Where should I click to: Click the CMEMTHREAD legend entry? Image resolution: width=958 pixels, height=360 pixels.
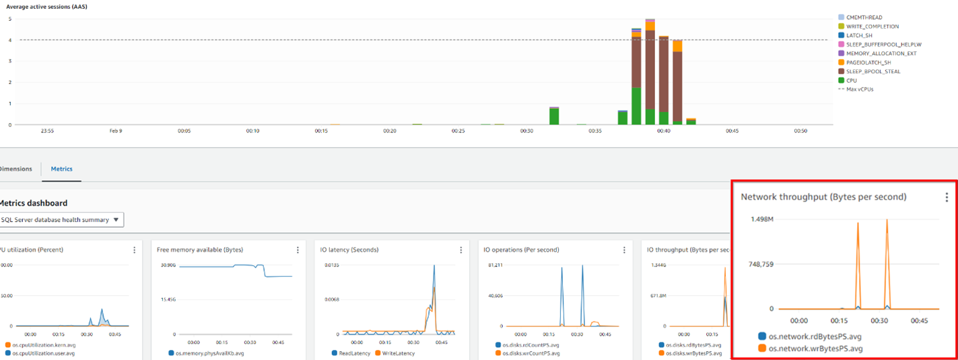pos(864,17)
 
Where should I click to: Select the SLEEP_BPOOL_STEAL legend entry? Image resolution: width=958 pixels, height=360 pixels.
pos(873,71)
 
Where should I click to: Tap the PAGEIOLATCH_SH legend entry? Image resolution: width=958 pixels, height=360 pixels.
pos(868,63)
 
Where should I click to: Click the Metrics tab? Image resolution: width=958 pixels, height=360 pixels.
pos(61,169)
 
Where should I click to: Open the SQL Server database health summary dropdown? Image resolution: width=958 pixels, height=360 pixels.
pos(61,220)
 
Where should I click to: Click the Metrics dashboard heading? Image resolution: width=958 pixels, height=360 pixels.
pos(34,203)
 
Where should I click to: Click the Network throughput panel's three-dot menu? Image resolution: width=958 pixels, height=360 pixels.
pos(947,197)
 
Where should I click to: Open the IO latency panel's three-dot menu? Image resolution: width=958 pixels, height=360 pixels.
pos(460,250)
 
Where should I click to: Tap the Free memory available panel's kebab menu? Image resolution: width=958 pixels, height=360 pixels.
pos(298,250)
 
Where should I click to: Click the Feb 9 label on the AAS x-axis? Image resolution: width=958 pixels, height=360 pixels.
pos(116,131)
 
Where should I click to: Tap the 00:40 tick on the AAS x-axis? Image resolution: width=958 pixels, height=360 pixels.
pos(663,131)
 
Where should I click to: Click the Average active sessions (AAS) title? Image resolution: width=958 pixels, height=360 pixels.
pos(46,6)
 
